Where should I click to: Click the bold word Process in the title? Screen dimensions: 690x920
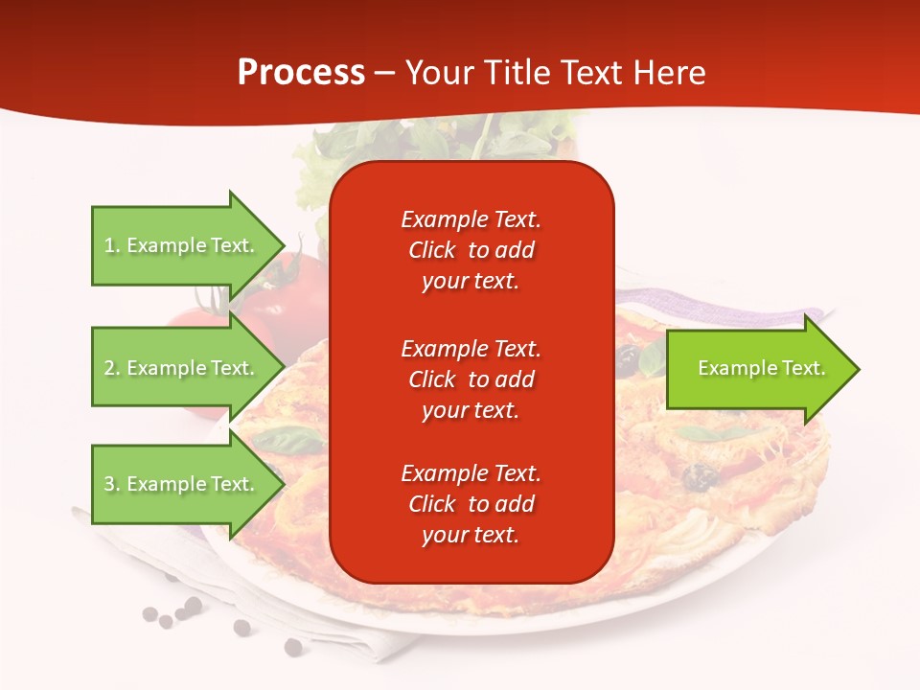tap(301, 73)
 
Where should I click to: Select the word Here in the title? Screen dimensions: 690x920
tap(670, 73)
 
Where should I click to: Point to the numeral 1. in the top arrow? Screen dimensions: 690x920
tap(112, 245)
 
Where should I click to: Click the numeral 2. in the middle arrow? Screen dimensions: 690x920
tap(112, 368)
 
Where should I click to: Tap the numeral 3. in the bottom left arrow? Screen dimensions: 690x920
tap(112, 484)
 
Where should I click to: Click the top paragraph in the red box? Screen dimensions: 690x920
tap(471, 250)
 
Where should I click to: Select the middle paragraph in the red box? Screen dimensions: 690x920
tap(471, 379)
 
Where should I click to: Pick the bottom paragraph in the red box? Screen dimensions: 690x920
tap(471, 504)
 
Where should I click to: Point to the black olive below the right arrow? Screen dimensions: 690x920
tap(701, 475)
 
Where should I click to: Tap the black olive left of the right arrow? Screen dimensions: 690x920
tap(628, 358)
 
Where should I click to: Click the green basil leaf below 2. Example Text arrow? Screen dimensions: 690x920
tap(288, 441)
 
